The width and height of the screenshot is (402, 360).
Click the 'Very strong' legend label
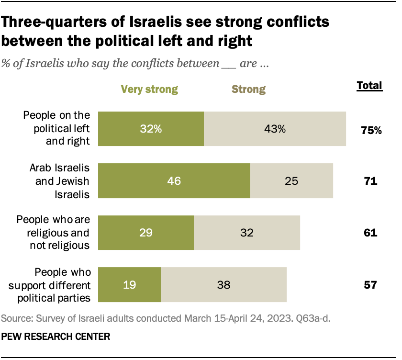pyautogui.click(x=149, y=89)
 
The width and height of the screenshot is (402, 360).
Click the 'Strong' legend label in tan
pyautogui.click(x=248, y=89)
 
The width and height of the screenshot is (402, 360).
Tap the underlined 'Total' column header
pyautogui.click(x=369, y=86)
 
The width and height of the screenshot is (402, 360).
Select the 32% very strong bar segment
pyautogui.click(x=151, y=129)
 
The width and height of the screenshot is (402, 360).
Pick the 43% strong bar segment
pyautogui.click(x=275, y=129)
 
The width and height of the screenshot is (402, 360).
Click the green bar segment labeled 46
pyautogui.click(x=174, y=181)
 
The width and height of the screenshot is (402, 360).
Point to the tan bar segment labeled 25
pyautogui.click(x=291, y=181)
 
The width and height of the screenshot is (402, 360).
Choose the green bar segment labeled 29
pyautogui.click(x=145, y=233)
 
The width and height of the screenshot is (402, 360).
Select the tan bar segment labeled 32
pyautogui.click(x=246, y=233)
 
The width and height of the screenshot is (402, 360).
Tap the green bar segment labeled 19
pyautogui.click(x=129, y=285)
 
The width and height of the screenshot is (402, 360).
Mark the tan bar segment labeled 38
pyautogui.click(x=223, y=285)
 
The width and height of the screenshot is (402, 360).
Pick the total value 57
pyautogui.click(x=370, y=285)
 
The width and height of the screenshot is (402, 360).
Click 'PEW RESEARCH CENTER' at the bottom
pyautogui.click(x=56, y=337)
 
